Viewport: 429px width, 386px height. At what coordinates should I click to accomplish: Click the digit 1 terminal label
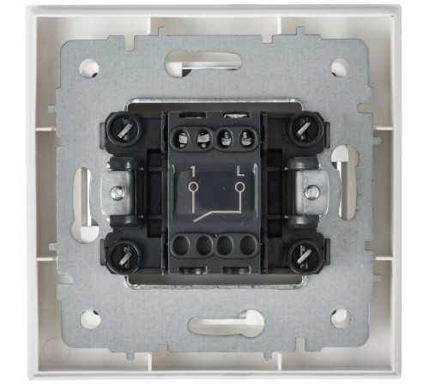193,172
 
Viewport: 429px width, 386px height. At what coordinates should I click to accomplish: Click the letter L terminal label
240,172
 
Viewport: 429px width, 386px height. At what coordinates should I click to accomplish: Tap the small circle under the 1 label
193,187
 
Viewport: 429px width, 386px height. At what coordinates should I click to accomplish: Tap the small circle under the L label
239,187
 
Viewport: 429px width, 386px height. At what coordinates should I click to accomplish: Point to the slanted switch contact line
217,216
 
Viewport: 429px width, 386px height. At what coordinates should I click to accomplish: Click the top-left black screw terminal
124,130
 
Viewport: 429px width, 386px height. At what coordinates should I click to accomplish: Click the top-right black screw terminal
304,129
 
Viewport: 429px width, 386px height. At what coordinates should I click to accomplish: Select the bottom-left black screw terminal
124,255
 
